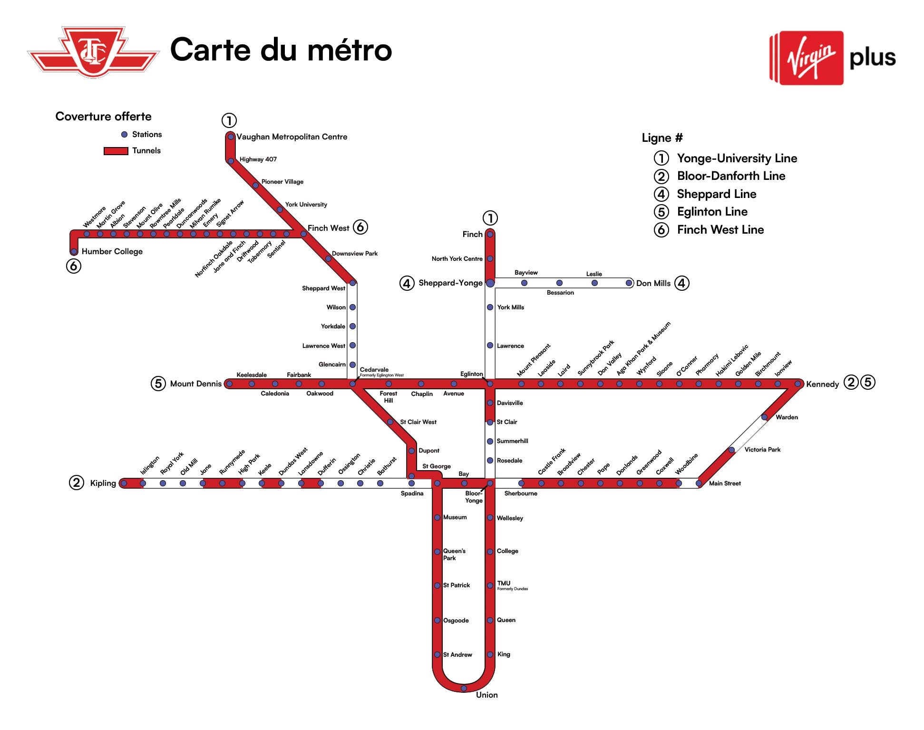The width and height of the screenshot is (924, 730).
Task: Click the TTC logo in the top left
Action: [93, 52]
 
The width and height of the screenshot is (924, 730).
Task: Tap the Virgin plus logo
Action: [832, 58]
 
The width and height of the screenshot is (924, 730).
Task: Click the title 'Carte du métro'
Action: [281, 50]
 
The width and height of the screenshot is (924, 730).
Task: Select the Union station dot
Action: [464, 688]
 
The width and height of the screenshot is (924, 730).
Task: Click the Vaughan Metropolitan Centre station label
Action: [292, 137]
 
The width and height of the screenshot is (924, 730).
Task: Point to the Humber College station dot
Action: [74, 251]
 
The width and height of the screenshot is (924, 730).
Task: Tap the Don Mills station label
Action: [653, 284]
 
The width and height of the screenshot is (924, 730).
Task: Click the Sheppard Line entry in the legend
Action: [716, 194]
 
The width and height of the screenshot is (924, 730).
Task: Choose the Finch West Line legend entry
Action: [720, 230]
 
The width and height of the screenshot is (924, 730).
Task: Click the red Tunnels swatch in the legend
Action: [116, 151]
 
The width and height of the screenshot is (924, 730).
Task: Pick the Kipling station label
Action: [103, 483]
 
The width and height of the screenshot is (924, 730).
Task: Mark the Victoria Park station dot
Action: [732, 450]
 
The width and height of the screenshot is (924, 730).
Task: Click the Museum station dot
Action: [438, 517]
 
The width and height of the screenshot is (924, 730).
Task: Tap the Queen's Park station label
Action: [454, 554]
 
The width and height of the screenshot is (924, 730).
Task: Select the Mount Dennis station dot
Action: [229, 384]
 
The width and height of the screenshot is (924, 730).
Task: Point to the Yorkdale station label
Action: [333, 326]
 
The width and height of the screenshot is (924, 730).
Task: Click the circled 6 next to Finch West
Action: [360, 227]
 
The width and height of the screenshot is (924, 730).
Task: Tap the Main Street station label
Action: [725, 483]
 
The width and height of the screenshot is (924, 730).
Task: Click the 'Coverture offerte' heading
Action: [103, 117]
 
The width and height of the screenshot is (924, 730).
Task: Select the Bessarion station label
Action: [560, 293]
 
